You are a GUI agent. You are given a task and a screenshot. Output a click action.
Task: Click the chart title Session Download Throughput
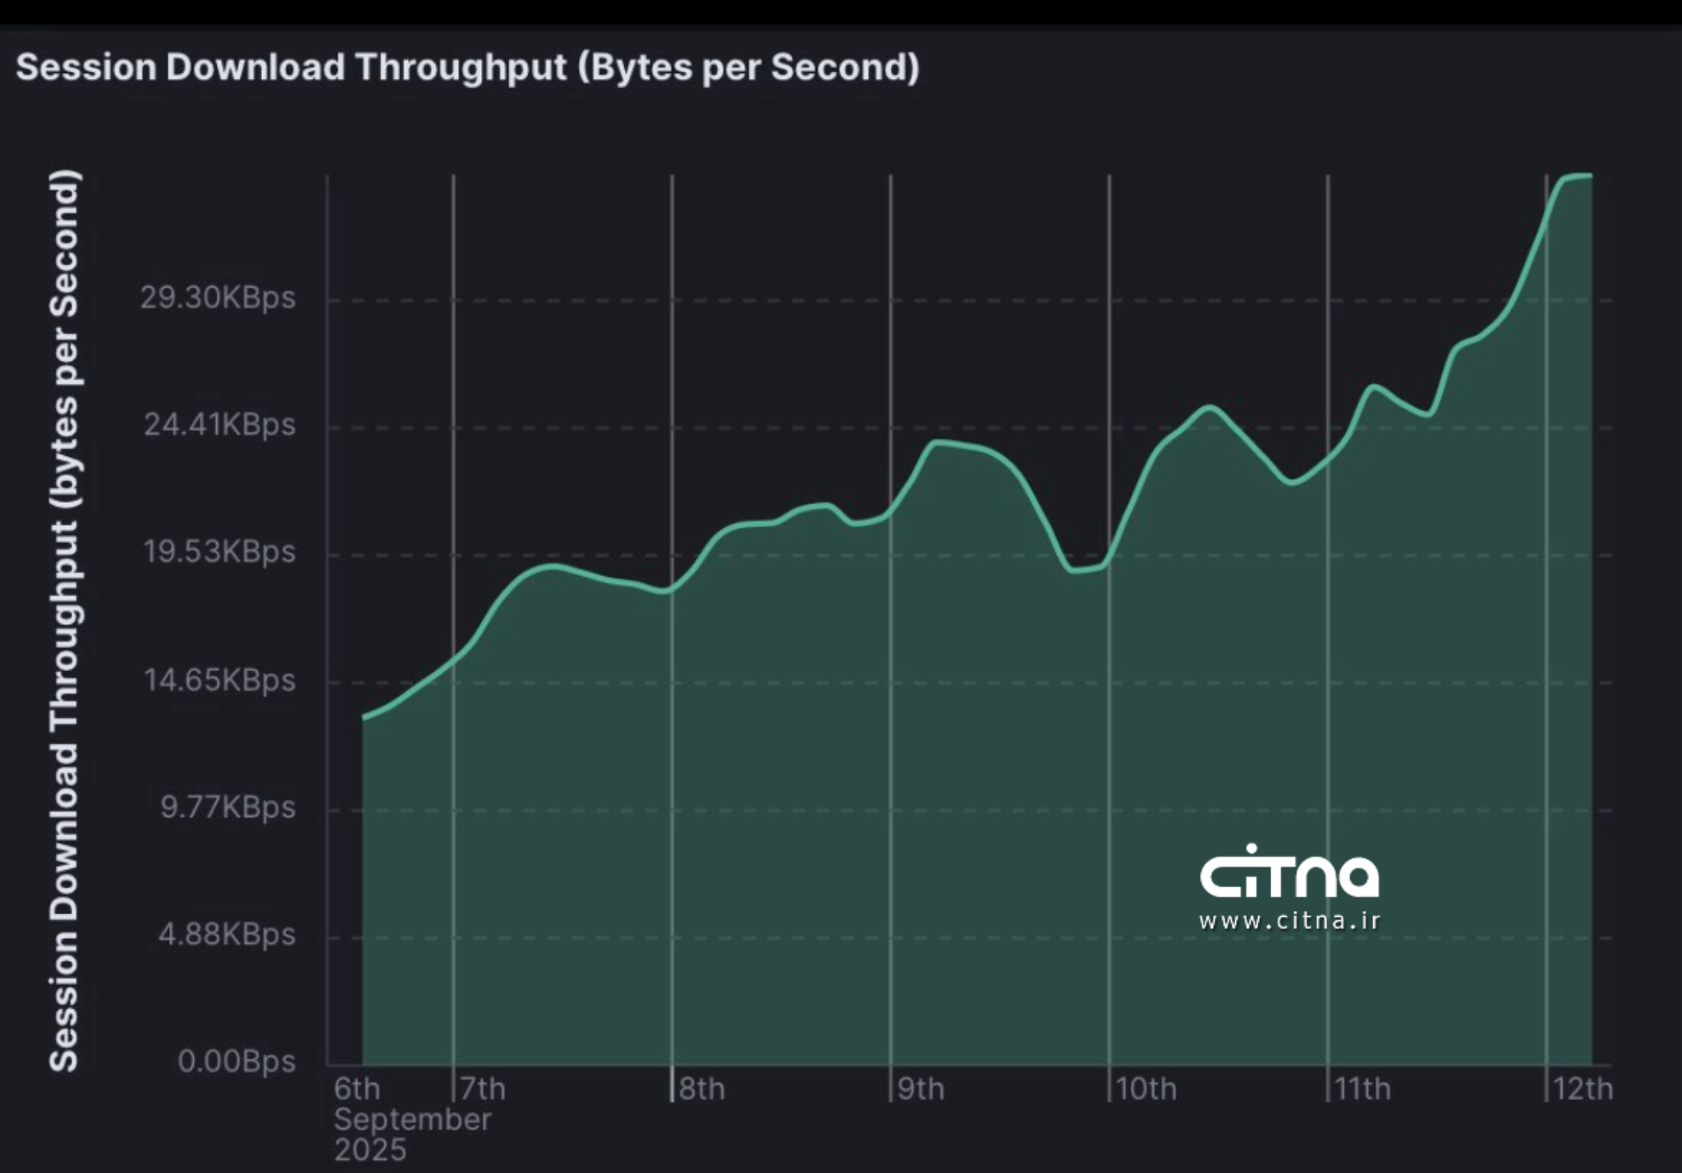click(x=466, y=67)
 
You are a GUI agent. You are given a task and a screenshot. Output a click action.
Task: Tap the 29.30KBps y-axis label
click(x=218, y=297)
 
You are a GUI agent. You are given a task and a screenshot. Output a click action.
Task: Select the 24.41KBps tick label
click(x=219, y=425)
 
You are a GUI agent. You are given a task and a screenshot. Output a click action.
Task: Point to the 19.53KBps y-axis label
click(x=219, y=551)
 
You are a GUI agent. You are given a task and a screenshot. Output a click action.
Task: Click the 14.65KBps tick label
click(x=219, y=680)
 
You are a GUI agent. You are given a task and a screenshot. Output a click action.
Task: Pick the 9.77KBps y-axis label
click(x=227, y=807)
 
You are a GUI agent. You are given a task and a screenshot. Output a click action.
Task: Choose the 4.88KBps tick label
click(x=227, y=935)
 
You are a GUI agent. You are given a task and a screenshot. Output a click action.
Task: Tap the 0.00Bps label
click(x=237, y=1061)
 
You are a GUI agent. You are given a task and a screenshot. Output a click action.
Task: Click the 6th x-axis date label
click(x=356, y=1089)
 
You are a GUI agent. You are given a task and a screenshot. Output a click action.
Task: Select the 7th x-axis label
click(x=483, y=1089)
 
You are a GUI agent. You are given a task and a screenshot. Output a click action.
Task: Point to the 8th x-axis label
click(x=701, y=1089)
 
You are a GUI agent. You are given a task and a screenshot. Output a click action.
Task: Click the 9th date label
click(x=921, y=1089)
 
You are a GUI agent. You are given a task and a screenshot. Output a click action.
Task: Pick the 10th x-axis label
click(x=1146, y=1089)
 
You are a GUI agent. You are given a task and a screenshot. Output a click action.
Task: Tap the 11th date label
click(x=1363, y=1089)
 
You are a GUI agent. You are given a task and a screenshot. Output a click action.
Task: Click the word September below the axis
click(x=412, y=1120)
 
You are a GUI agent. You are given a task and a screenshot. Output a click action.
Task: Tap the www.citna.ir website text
click(x=1289, y=921)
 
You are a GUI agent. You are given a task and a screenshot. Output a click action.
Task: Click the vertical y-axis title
click(x=64, y=620)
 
